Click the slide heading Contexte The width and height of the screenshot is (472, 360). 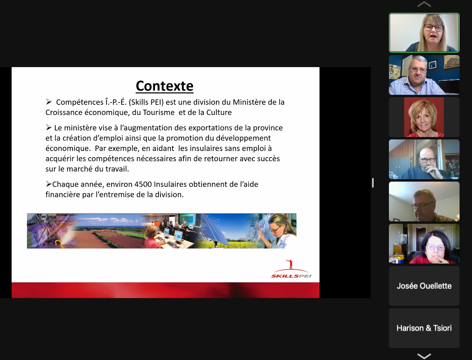(165, 86)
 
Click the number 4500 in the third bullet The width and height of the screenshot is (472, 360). (143, 184)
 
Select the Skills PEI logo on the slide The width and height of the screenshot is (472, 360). (291, 269)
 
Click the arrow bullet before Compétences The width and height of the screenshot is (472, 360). (49, 102)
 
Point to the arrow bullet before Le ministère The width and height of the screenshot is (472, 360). (49, 127)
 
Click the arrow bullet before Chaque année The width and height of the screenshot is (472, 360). (49, 184)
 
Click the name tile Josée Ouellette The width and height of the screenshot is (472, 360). (424, 286)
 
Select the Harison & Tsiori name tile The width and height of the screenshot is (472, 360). (424, 328)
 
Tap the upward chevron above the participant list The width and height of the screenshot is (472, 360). (424, 4)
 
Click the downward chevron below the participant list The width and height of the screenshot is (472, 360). (424, 356)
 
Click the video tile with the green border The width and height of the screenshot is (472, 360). (424, 33)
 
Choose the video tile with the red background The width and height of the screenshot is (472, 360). (424, 117)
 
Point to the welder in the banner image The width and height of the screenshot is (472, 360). (45, 229)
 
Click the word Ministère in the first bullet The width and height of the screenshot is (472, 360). (249, 102)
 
